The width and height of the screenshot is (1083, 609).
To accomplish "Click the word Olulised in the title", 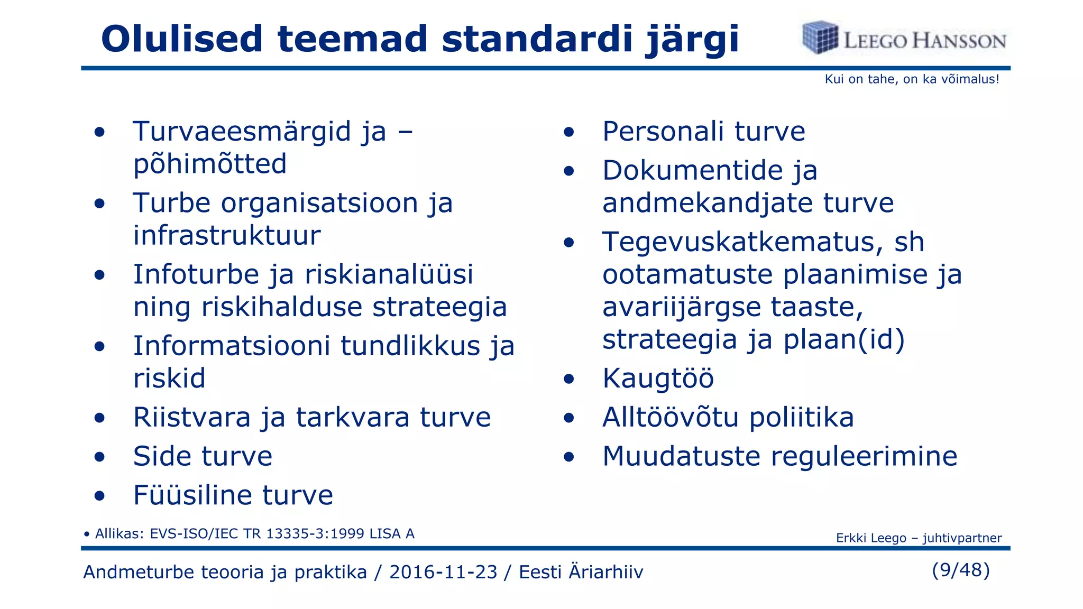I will pos(181,39).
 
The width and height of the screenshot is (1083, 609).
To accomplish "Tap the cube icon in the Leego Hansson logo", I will pos(820,38).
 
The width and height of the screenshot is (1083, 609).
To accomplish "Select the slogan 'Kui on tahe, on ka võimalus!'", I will pos(912,79).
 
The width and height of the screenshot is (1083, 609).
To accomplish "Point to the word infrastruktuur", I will pos(227,236).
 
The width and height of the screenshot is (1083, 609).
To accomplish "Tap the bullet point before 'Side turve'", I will pos(99,457).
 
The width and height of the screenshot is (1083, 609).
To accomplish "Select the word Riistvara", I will pos(192,418).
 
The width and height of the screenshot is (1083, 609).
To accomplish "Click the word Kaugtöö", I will pos(658,379).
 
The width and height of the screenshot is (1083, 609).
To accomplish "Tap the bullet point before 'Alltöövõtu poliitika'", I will pos(568,418).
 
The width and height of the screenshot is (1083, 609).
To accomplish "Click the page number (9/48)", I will pos(960,570).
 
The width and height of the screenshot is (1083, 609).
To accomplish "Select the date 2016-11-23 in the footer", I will pos(443,572).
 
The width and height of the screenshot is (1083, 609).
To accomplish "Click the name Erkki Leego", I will pos(871,538).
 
